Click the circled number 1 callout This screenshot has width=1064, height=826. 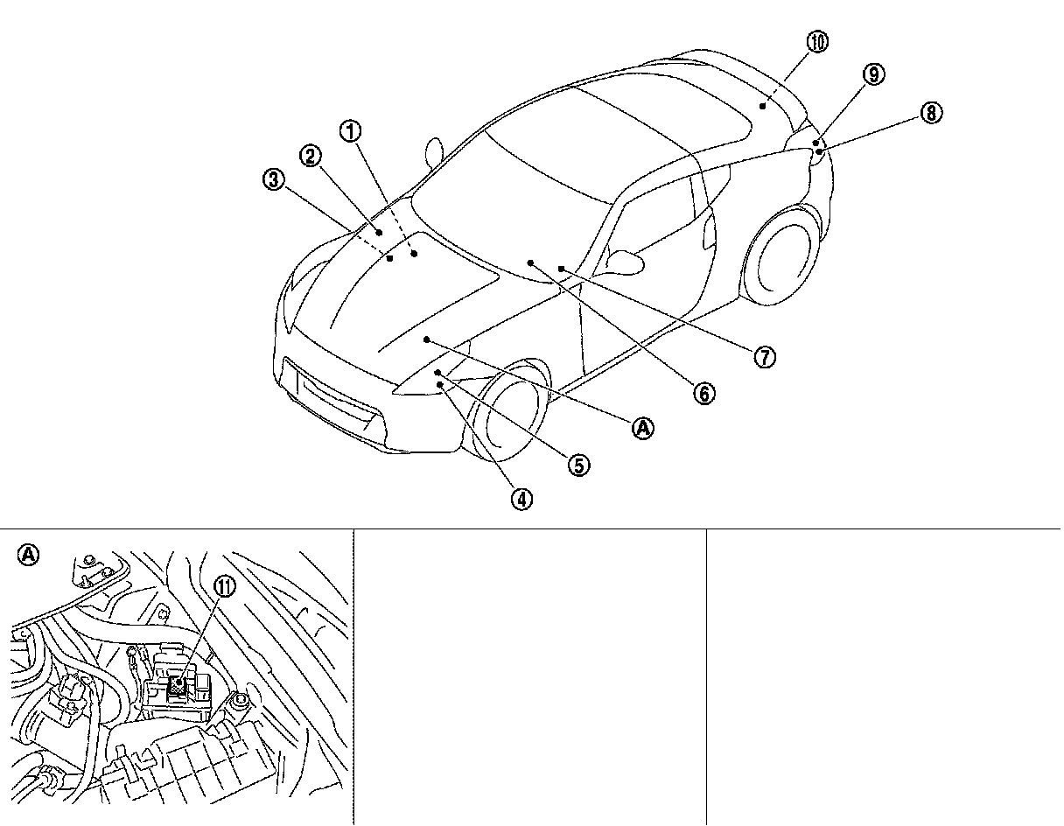pos(350,132)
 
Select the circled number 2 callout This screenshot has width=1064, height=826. pos(310,157)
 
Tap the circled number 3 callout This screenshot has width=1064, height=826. pos(273,180)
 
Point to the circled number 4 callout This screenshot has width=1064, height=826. pos(521,499)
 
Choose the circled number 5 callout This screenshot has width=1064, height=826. pos(578,465)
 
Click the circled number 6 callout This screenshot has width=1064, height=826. pos(703,394)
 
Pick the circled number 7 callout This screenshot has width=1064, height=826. pos(765,356)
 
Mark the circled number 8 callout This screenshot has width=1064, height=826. pos(931,112)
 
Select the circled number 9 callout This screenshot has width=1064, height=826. pos(872,75)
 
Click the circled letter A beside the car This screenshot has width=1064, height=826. pos(643,428)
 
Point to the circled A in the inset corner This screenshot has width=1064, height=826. pos(29,554)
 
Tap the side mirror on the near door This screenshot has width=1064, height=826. pos(626,260)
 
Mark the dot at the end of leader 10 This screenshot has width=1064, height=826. pos(763,106)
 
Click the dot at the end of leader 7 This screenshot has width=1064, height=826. pos(560,268)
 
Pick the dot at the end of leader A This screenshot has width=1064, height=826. pos(426,339)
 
